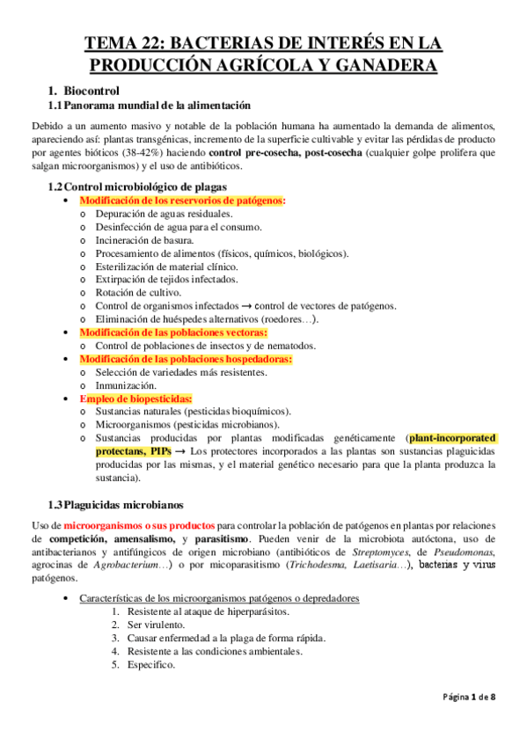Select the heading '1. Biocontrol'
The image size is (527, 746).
pos(91,90)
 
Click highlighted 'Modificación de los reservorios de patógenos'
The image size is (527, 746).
pos(183,201)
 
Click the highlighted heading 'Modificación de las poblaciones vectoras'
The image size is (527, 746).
pos(174,333)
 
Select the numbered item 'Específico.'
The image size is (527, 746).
pos(151,665)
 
